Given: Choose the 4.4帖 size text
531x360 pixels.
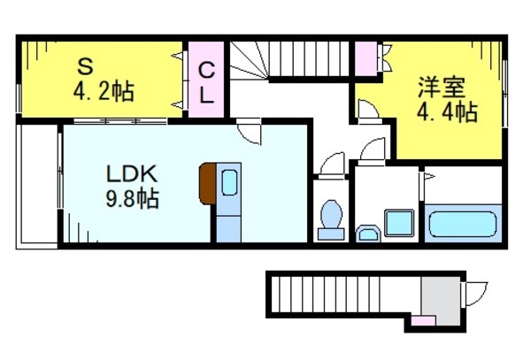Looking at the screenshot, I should pos(446,112).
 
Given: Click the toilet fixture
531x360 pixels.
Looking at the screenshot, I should pos(332,218).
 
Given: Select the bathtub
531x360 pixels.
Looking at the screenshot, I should pos(464,222).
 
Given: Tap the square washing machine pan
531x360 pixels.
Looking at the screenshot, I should pos(400,222).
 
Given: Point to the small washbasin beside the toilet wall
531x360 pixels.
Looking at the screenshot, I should pos(366,234).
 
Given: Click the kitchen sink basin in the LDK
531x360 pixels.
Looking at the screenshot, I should pos(228,183).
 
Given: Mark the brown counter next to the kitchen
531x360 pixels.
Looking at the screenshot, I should pos(207,182).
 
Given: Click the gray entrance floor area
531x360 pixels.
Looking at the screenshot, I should pos(435,293).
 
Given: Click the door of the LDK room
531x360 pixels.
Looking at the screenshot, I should pos(252,134).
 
